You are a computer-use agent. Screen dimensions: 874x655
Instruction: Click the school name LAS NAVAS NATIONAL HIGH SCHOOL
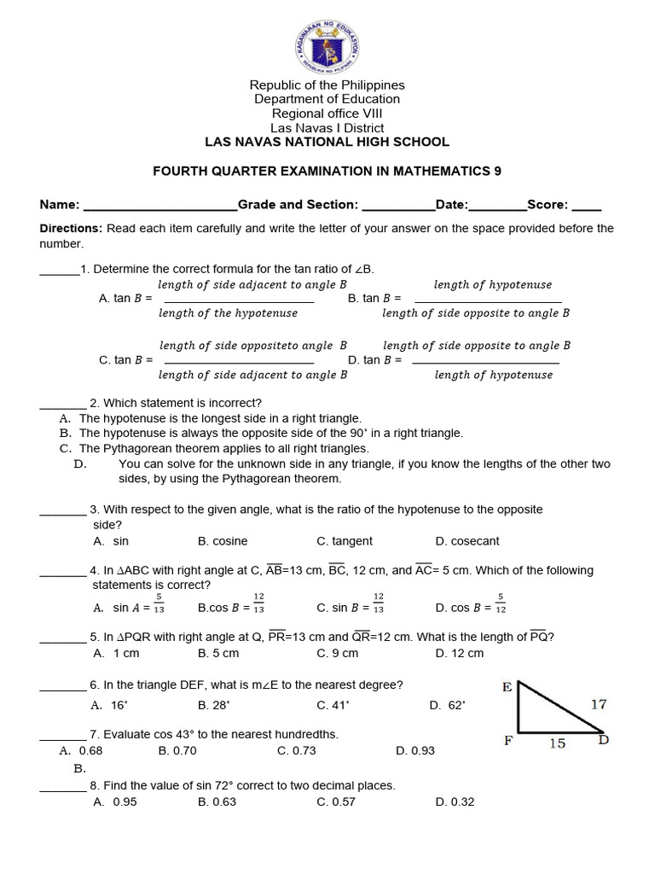tap(327, 142)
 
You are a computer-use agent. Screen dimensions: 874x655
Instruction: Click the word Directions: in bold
tap(72, 228)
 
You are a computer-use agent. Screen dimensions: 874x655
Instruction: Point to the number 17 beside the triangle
tap(599, 704)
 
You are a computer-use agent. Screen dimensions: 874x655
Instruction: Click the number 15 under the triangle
tap(557, 743)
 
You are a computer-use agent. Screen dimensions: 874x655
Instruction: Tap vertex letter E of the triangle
tap(507, 687)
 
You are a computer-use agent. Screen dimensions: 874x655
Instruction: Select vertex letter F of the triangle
tap(507, 741)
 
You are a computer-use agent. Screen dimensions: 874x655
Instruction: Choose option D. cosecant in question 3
tap(467, 541)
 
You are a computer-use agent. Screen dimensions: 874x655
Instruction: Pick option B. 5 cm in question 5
tap(218, 653)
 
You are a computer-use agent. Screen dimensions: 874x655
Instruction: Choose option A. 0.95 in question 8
tap(114, 801)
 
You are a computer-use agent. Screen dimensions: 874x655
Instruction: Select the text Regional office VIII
tap(327, 114)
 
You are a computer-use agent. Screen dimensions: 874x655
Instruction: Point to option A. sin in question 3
tap(111, 541)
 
